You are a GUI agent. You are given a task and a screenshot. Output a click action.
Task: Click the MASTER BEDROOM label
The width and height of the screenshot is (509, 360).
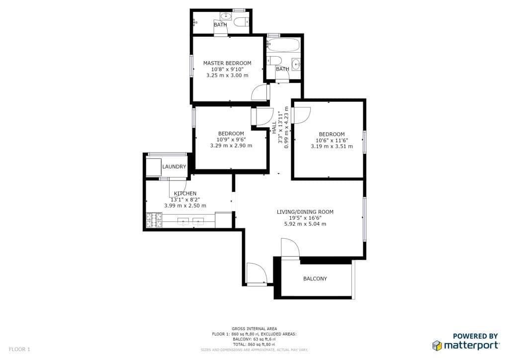(x=227, y=63)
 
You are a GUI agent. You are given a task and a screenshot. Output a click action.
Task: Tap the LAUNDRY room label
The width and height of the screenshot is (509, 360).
(x=174, y=167)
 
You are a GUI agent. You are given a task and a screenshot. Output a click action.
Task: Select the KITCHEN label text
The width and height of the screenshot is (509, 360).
(x=185, y=193)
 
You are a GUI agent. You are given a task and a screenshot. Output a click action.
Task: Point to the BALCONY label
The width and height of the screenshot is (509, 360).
(x=315, y=278)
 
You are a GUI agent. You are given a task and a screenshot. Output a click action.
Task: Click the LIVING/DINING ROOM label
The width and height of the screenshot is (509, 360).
(x=305, y=212)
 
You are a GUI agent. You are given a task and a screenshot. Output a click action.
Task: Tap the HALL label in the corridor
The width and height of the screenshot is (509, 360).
(x=274, y=127)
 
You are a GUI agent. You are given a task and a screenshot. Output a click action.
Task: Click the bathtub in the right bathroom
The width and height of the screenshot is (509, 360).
(x=284, y=45)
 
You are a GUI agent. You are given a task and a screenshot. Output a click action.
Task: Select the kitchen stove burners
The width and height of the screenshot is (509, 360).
(x=154, y=220)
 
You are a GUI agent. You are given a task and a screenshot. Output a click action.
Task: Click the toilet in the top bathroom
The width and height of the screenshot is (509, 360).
(x=242, y=22)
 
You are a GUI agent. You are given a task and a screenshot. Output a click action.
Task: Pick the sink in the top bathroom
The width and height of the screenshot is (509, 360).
(x=226, y=15)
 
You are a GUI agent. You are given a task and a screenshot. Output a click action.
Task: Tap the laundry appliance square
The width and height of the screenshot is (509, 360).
(x=154, y=167)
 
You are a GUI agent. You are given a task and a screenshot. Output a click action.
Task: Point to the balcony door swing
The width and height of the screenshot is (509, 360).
(x=290, y=249)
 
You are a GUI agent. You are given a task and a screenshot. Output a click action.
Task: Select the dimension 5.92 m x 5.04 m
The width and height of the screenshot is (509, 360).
(x=305, y=224)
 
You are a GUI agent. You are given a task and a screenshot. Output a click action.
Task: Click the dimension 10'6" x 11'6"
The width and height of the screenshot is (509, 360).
(x=332, y=141)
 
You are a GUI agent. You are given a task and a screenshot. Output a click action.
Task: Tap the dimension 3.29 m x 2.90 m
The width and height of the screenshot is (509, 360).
(x=231, y=145)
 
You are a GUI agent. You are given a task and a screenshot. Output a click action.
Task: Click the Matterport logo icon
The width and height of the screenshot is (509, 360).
(x=437, y=346)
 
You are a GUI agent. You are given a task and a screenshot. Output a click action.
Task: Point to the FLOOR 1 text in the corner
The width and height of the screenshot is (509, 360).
(x=19, y=349)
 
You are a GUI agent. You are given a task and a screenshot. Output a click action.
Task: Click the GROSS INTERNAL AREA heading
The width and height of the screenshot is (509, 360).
(x=254, y=329)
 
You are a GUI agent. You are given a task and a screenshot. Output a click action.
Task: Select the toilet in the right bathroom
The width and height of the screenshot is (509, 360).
(x=274, y=61)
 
